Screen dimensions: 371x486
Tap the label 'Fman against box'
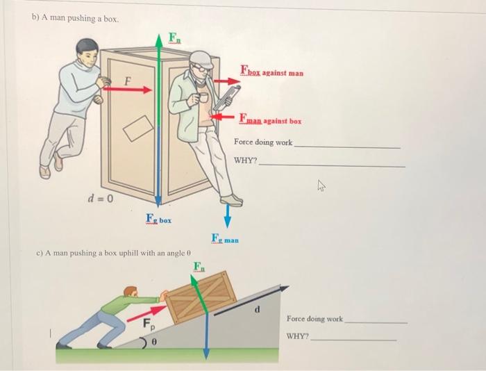(x=270, y=119)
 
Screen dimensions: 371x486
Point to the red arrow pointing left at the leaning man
(x=223, y=117)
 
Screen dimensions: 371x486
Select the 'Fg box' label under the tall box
(x=158, y=220)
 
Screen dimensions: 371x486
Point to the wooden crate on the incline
(x=201, y=297)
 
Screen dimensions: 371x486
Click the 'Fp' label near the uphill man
(x=148, y=324)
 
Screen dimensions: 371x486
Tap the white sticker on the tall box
(x=139, y=127)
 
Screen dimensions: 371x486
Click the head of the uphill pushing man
(x=130, y=292)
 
